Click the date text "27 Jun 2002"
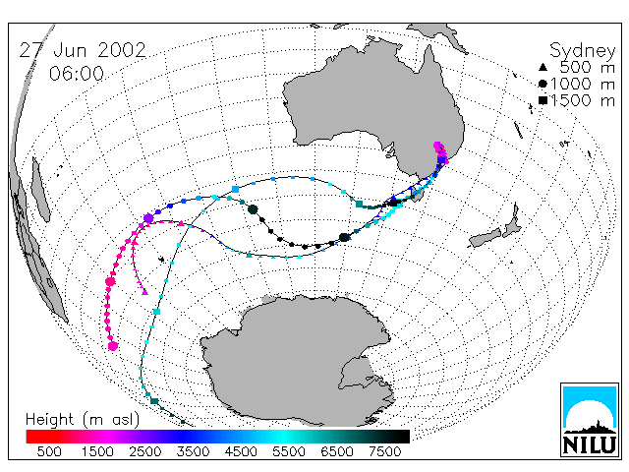[83, 50]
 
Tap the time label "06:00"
[77, 74]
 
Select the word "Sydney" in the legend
[583, 51]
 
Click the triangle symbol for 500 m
[543, 67]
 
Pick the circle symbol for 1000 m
[543, 84]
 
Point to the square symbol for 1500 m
[543, 100]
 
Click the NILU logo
[590, 420]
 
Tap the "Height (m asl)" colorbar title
[83, 420]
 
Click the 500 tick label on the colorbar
[49, 451]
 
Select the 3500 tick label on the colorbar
[193, 451]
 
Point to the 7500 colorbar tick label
[384, 451]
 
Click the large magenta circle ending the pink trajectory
[113, 345]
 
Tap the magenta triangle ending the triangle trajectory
[144, 292]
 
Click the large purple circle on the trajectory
[148, 218]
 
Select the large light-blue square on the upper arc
[236, 189]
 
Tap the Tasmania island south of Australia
[418, 196]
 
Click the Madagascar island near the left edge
[40, 189]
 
